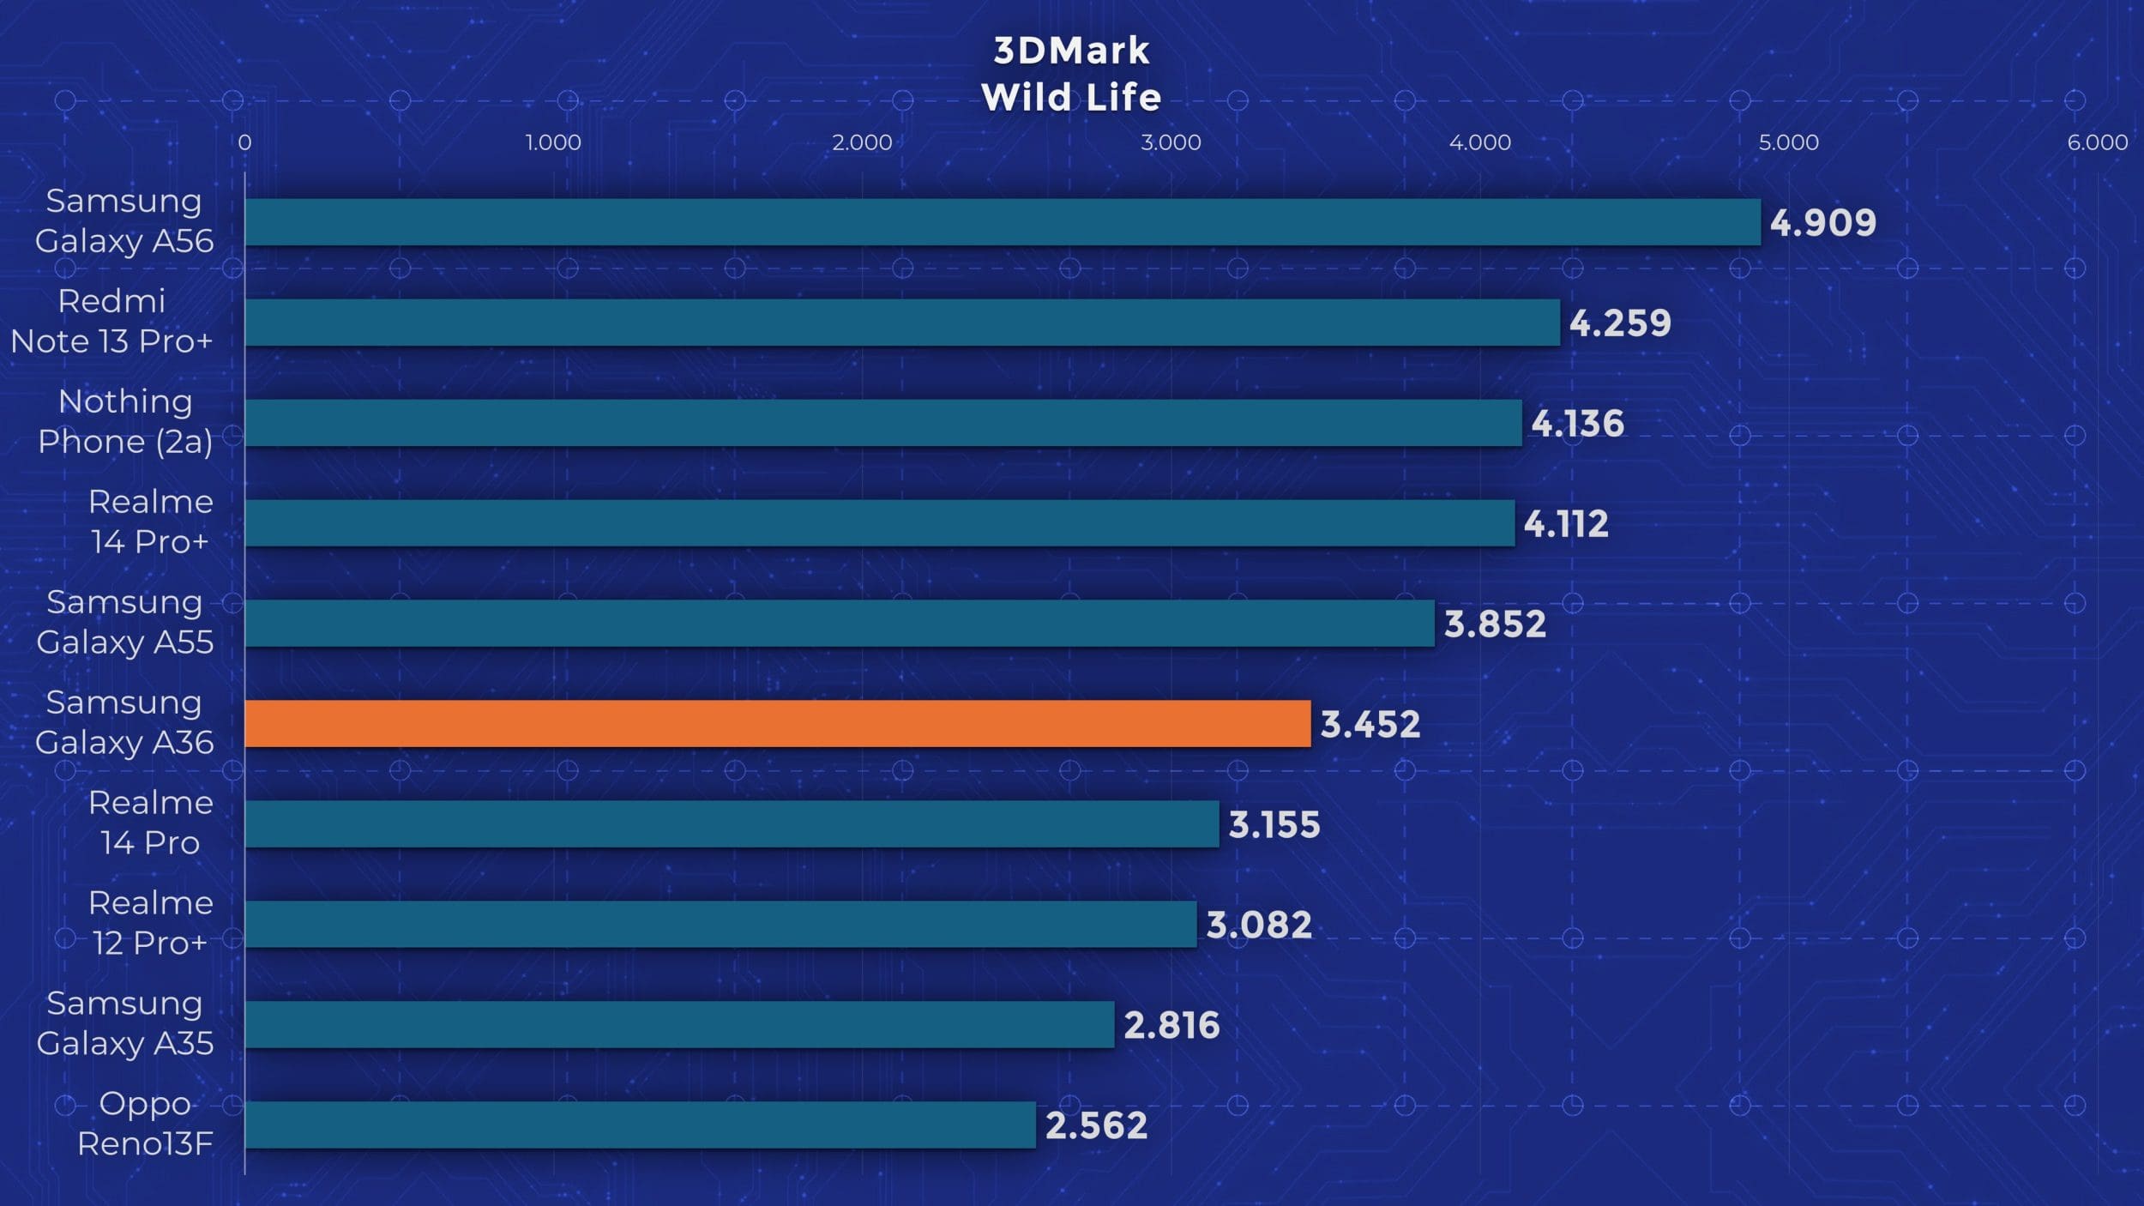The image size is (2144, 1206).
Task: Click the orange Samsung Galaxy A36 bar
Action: pyautogui.click(x=777, y=723)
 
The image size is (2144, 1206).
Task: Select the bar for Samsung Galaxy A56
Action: pyautogui.click(x=1002, y=222)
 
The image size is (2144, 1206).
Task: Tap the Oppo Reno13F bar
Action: pyautogui.click(x=640, y=1125)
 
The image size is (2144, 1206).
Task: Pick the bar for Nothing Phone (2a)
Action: pyautogui.click(x=883, y=422)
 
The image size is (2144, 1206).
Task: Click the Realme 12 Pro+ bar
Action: pyautogui.click(x=720, y=924)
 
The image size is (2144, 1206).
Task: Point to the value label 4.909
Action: pyautogui.click(x=1822, y=223)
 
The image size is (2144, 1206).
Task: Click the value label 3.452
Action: pyautogui.click(x=1370, y=724)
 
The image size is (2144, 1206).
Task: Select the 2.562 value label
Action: pyautogui.click(x=1096, y=1125)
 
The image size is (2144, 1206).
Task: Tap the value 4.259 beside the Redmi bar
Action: pyautogui.click(x=1620, y=323)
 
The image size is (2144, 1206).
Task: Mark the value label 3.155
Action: pyautogui.click(x=1274, y=824)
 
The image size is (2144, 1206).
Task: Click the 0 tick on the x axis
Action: pyautogui.click(x=244, y=142)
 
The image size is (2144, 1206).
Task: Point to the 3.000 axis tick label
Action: pyautogui.click(x=1171, y=142)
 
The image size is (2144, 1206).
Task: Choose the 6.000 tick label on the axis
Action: pyautogui.click(x=2097, y=142)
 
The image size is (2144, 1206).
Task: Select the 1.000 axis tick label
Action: pyautogui.click(x=553, y=142)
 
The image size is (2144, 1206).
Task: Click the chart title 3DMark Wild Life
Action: pyautogui.click(x=1071, y=74)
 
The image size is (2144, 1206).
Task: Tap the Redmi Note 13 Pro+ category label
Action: pyautogui.click(x=111, y=321)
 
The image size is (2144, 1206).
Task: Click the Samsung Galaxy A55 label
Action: pyautogui.click(x=125, y=622)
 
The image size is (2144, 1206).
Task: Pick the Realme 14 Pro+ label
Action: pyautogui.click(x=150, y=522)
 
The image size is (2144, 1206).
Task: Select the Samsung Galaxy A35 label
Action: pyautogui.click(x=125, y=1023)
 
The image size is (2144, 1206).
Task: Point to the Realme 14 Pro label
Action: pyautogui.click(x=150, y=823)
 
